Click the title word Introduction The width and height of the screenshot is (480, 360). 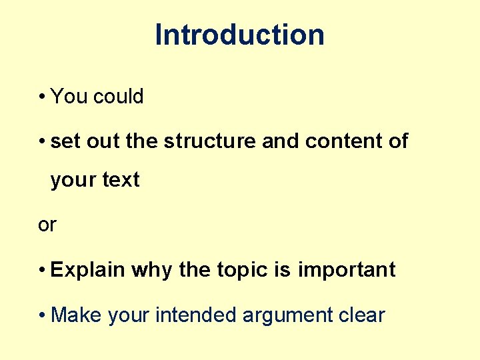click(x=239, y=35)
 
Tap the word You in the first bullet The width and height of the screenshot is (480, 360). click(x=69, y=97)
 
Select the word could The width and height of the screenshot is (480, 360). click(x=119, y=97)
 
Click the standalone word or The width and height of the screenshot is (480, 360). click(x=47, y=225)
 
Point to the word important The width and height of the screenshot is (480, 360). click(x=347, y=270)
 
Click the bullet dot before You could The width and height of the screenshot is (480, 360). click(x=41, y=97)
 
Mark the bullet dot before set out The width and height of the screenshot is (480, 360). click(x=41, y=142)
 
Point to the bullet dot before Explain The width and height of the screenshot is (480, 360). click(x=41, y=271)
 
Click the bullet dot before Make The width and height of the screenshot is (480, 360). click(x=41, y=315)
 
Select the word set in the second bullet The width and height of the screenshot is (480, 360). click(x=62, y=141)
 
